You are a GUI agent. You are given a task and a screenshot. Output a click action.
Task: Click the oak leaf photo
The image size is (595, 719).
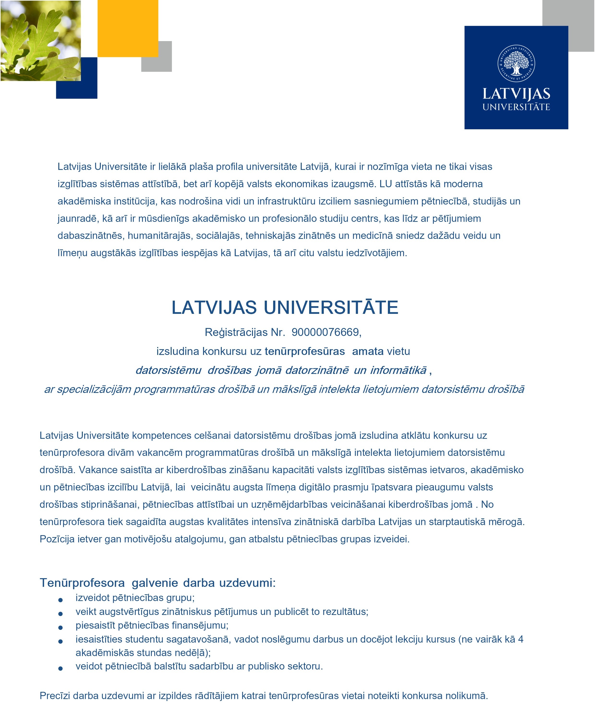coord(40,40)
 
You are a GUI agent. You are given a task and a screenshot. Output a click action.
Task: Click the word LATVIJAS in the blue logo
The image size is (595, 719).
coord(516,94)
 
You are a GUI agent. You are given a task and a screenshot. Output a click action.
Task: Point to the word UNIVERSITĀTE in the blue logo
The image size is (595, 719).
coord(516,107)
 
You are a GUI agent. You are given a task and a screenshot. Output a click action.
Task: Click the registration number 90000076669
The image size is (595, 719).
coord(326,332)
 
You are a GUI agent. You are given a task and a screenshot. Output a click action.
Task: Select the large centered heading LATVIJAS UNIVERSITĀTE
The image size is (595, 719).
coord(285,307)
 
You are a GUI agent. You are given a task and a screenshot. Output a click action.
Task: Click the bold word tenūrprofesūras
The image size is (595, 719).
coord(304,351)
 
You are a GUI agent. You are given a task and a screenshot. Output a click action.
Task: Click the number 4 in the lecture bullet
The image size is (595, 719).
coord(520,639)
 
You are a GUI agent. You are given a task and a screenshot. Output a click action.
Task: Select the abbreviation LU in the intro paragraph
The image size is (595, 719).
coord(385,184)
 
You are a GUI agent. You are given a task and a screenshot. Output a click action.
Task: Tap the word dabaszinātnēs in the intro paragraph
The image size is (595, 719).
coord(90,236)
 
